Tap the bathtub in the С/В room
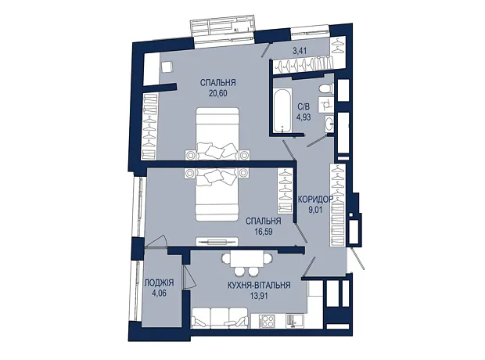click(282, 110)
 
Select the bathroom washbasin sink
click(329, 124)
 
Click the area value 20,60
click(218, 93)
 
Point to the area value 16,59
click(263, 231)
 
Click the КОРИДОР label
click(315, 199)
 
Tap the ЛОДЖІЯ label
click(160, 283)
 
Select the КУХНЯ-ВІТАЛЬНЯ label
click(259, 285)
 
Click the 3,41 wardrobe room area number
click(300, 51)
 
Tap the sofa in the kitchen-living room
click(220, 318)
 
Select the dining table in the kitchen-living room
click(247, 258)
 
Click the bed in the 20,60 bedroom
click(217, 133)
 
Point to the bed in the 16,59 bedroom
click(217, 194)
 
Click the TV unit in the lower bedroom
click(217, 241)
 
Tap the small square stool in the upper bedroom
click(167, 67)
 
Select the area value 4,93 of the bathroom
click(304, 117)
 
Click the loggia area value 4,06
click(160, 293)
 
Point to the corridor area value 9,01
click(315, 210)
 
